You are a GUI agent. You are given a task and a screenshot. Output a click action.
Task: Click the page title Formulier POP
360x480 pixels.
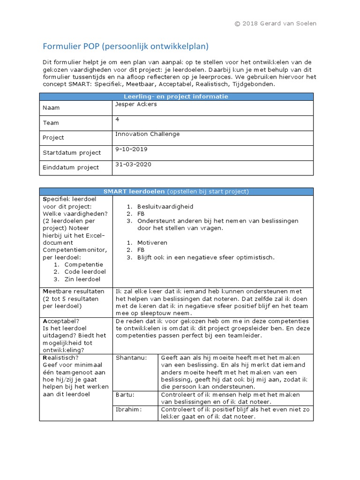125,46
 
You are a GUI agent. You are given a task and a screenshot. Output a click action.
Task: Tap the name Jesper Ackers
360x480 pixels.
136,105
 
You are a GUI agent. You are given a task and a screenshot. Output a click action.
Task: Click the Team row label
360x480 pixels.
51,123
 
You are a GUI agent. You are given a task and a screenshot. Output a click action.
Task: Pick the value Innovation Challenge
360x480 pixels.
147,134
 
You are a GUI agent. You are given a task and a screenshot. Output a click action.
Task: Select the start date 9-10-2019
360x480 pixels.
131,150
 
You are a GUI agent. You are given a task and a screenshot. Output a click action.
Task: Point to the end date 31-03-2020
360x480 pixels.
133,165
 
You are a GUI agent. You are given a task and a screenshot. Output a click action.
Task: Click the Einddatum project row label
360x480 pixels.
70,167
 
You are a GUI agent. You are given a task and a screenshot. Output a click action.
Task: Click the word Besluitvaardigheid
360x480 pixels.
165,206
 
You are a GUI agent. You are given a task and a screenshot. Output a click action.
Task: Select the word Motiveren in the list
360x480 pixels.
152,243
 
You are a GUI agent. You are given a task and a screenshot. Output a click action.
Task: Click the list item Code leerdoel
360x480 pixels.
85,272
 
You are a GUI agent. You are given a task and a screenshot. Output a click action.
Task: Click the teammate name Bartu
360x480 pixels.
124,395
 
